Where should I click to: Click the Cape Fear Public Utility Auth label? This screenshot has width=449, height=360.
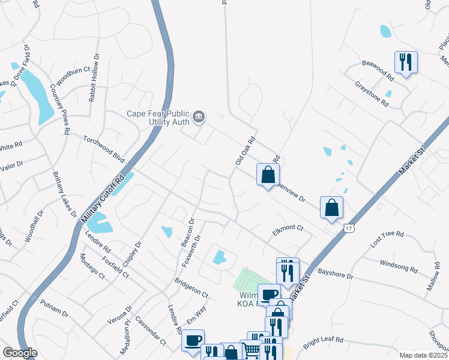(157, 117)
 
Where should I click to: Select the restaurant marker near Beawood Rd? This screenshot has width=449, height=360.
(406, 62)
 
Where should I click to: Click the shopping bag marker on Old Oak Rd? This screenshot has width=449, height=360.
(268, 175)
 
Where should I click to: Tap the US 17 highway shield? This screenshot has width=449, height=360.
(349, 229)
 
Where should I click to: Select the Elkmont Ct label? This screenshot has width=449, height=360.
(288, 229)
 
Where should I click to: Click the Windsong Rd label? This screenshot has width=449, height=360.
(399, 266)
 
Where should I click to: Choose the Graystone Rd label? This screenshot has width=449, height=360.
(372, 95)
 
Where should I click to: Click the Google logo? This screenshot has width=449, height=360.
(20, 353)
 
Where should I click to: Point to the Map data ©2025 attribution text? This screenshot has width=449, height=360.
(423, 355)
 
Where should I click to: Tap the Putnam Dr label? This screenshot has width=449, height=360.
(55, 308)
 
